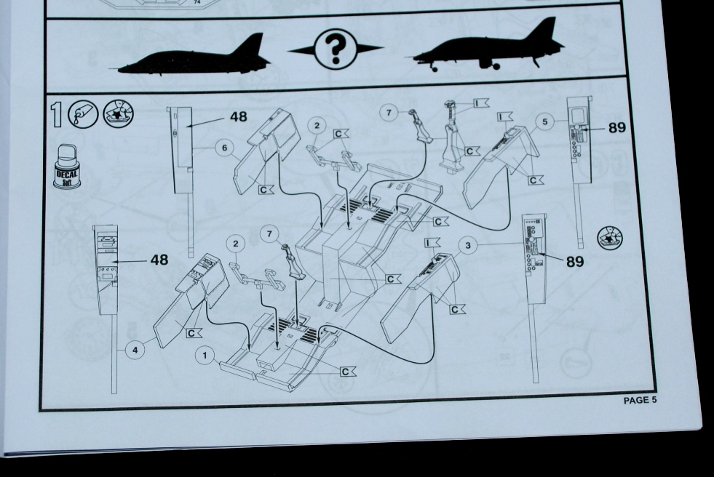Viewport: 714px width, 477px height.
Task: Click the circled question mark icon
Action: [x=336, y=49]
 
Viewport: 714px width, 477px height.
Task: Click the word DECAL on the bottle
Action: [x=67, y=174]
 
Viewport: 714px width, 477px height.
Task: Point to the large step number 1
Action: [x=56, y=114]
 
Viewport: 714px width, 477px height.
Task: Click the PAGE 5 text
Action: [x=640, y=400]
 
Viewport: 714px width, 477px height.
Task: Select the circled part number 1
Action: [x=205, y=356]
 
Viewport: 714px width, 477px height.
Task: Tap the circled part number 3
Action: [x=468, y=246]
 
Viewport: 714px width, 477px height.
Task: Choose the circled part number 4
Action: [x=135, y=350]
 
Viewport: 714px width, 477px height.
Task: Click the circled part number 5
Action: [x=544, y=121]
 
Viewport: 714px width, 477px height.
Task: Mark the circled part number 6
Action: [x=224, y=148]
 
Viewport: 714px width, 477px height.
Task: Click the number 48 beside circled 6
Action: [x=239, y=117]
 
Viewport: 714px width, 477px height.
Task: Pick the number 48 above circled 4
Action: [x=159, y=260]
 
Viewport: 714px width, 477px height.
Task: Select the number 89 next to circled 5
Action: [x=617, y=128]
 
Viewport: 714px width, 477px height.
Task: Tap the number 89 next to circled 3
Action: [x=575, y=262]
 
